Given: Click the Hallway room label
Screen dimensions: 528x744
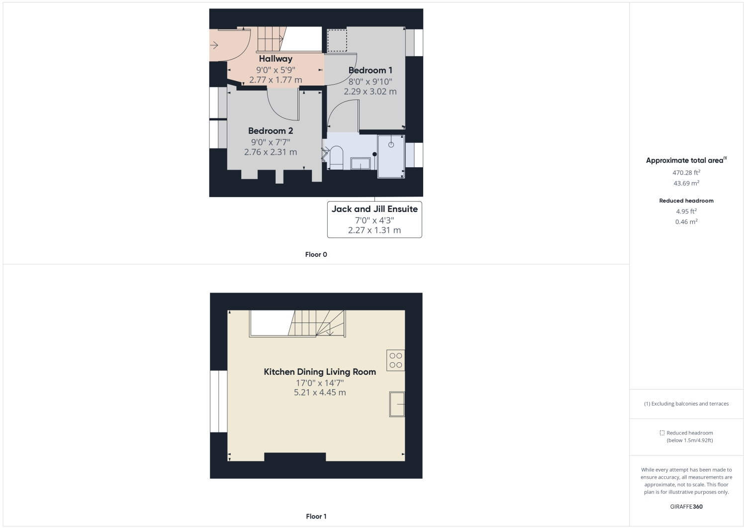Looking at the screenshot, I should click(x=276, y=59).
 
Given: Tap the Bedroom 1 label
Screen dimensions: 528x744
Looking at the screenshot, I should click(x=370, y=70).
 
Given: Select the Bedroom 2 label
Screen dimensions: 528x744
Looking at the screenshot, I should click(x=271, y=131).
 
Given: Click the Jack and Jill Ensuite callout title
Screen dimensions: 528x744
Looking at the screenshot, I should click(x=374, y=209).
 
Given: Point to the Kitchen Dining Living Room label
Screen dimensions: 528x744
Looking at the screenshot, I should click(x=319, y=372).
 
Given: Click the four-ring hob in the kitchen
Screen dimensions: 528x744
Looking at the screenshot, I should click(x=396, y=360).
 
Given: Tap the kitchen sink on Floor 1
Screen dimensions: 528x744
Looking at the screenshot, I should click(x=397, y=404).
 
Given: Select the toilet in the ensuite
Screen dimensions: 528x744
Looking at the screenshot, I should click(x=337, y=157).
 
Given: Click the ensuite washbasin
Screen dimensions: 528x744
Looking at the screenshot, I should click(x=360, y=163).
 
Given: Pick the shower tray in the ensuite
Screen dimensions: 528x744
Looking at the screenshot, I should click(x=391, y=156).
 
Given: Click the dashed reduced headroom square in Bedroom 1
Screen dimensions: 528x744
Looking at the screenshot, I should click(x=337, y=41).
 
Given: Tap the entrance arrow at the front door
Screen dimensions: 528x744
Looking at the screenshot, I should click(x=214, y=46).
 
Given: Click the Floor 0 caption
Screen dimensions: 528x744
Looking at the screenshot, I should click(x=316, y=255).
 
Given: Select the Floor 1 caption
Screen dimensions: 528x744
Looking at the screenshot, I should click(x=316, y=517).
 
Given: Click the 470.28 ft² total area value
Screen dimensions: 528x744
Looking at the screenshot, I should click(x=686, y=173).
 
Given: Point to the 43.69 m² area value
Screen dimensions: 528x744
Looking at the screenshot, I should click(x=686, y=183).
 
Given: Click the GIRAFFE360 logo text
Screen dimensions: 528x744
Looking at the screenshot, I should click(x=686, y=507).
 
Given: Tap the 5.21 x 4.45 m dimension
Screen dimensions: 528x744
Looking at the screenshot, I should click(x=319, y=393).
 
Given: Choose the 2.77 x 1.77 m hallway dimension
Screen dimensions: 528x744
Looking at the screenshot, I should click(x=276, y=80).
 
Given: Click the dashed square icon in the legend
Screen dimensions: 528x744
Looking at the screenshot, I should click(x=662, y=433).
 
